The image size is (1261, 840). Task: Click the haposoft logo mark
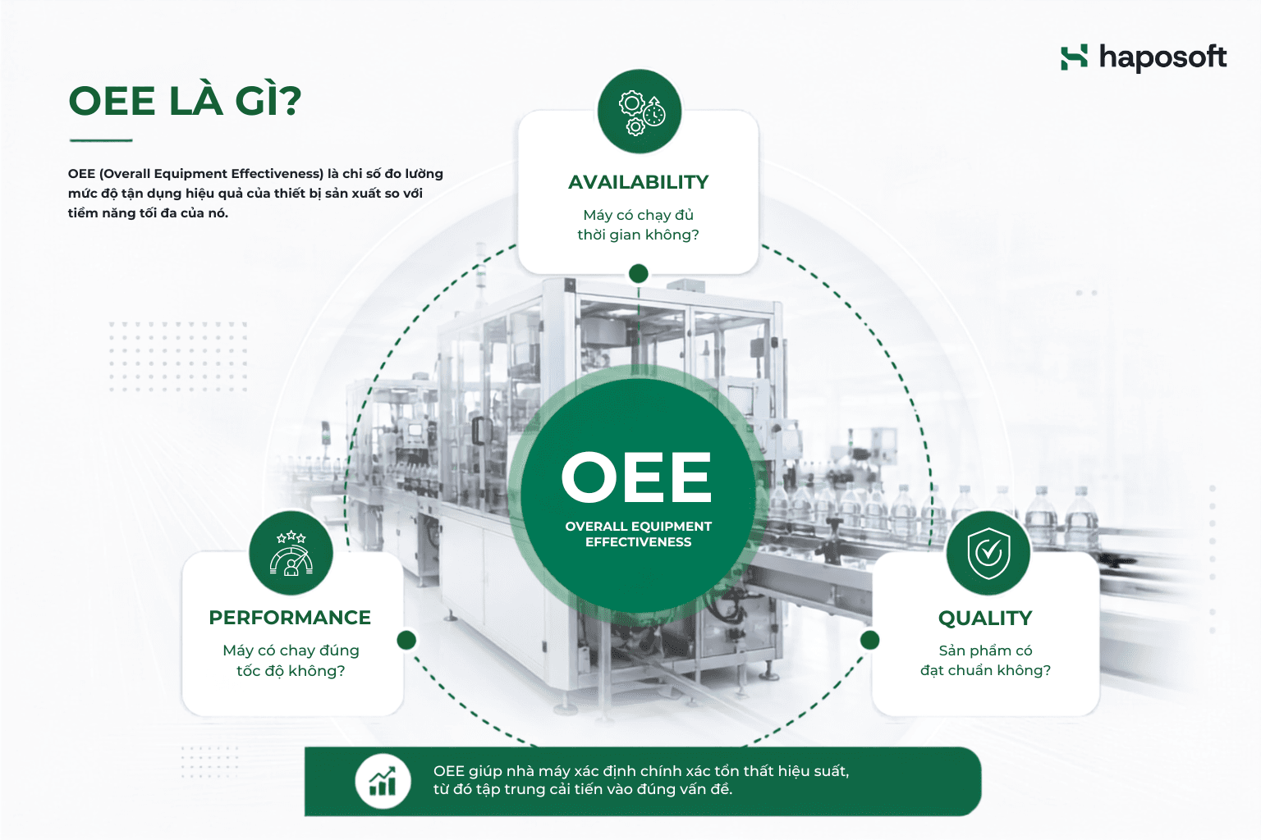tap(1074, 57)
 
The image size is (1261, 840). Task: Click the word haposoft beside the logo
tap(1163, 58)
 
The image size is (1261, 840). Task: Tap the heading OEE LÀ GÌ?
tap(186, 100)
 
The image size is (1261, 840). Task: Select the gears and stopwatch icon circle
tap(640, 112)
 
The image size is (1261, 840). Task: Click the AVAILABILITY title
tap(639, 182)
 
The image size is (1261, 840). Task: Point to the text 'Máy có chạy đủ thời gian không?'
tap(639, 225)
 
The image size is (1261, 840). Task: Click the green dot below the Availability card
tap(639, 274)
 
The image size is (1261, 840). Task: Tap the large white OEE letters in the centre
tap(637, 477)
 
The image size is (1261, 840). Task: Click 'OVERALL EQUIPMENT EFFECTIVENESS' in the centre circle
tap(639, 534)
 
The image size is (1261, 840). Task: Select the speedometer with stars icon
tap(291, 553)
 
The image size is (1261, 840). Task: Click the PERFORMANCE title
tap(290, 618)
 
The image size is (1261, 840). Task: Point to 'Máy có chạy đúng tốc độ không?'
tap(291, 660)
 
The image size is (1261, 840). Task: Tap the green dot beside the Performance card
tap(406, 640)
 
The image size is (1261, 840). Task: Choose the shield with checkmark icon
tap(988, 553)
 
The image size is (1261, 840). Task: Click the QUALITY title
tap(985, 619)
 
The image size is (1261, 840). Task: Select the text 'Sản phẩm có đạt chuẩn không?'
tap(986, 660)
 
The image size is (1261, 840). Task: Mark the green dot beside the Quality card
tap(869, 640)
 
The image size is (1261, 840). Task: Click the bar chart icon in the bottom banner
tap(383, 782)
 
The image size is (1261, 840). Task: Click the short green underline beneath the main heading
tap(101, 140)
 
